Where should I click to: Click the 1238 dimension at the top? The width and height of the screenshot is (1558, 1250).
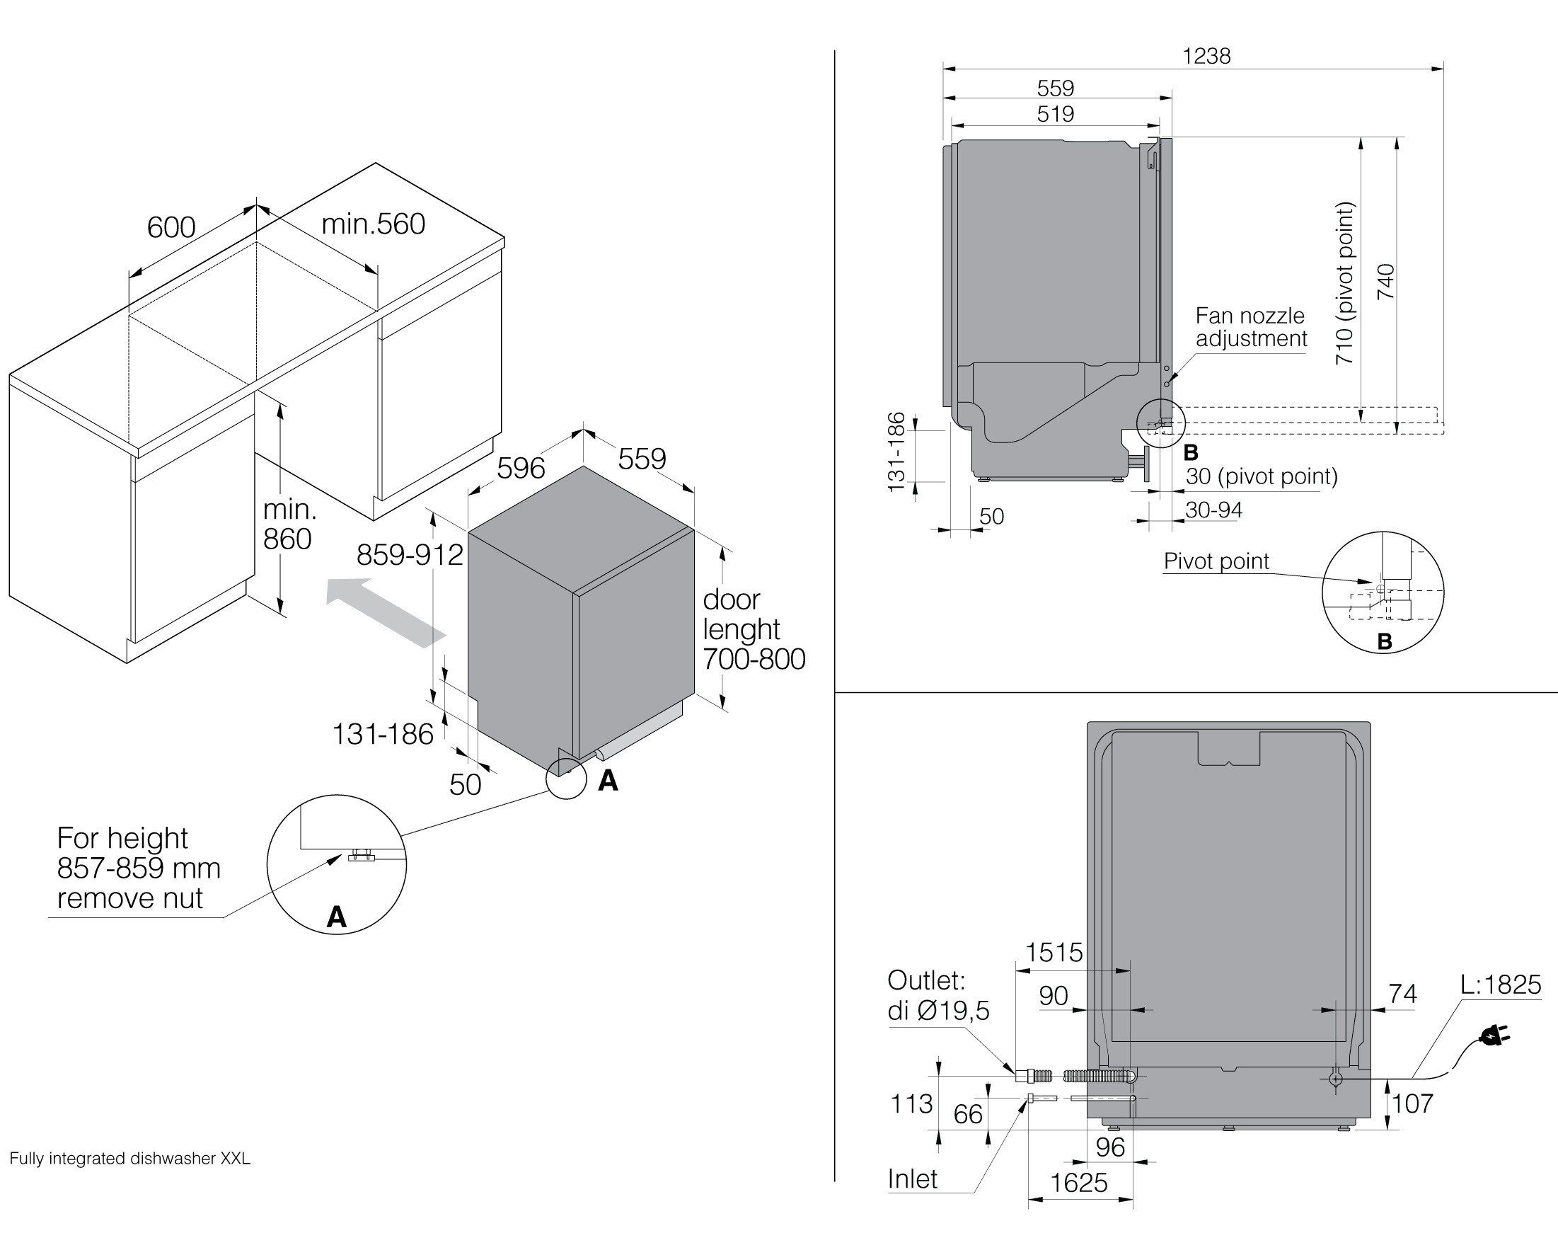point(1206,56)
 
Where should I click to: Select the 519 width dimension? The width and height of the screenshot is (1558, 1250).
point(1055,113)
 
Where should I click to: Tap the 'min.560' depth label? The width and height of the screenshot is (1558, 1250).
point(373,224)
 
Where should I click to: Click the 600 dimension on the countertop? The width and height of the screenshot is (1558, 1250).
point(171,227)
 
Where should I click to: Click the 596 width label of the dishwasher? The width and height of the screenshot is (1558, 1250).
point(520,469)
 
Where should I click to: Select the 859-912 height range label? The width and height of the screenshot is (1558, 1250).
point(409,554)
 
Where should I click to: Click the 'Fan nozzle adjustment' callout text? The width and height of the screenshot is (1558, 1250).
point(1250,327)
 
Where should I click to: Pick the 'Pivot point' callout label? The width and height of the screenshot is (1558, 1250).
point(1216,561)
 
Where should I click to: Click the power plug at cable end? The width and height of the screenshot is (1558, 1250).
point(1494,1037)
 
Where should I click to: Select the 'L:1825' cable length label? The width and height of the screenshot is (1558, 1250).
point(1500,985)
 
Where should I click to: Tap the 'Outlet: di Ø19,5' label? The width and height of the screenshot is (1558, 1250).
point(937,995)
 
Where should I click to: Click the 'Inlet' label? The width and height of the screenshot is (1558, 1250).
point(912,1179)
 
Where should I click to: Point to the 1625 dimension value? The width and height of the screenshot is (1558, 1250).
point(1078,1183)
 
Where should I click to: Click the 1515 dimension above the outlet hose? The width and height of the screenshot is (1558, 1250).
point(1054,952)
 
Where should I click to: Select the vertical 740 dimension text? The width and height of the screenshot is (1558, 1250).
point(1385,282)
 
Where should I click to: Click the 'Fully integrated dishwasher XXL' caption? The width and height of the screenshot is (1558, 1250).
point(130,1158)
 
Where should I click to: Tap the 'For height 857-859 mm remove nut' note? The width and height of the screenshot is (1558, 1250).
point(137,868)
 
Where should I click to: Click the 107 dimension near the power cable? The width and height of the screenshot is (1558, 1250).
point(1412,1104)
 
